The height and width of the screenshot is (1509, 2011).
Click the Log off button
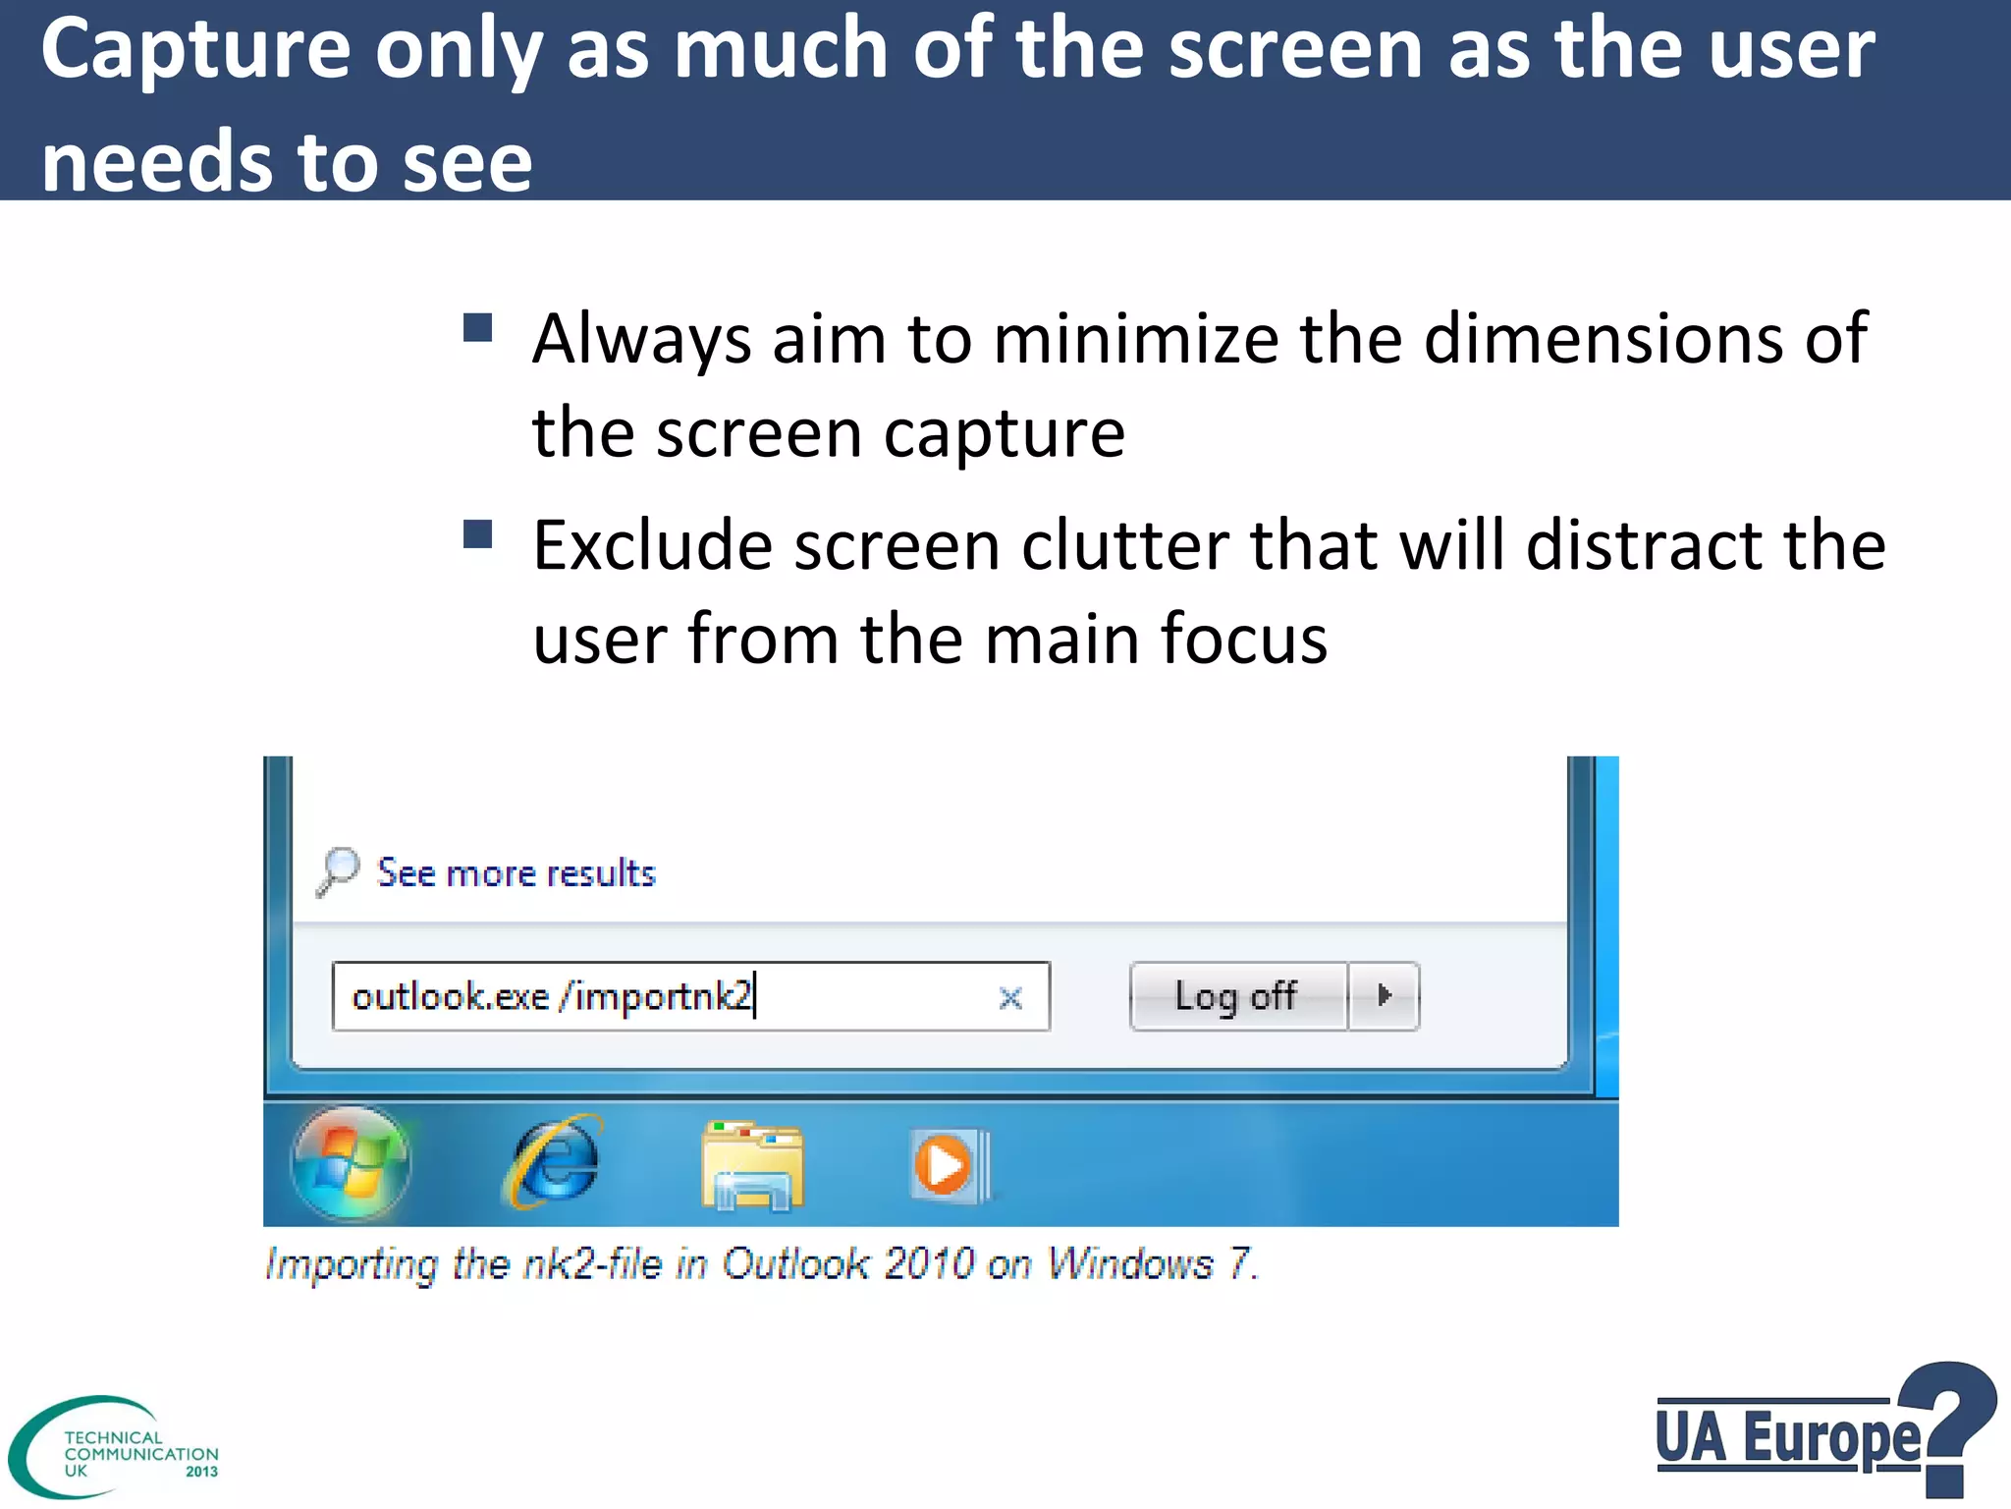pos(1237,996)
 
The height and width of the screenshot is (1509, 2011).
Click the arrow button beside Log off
pos(1384,996)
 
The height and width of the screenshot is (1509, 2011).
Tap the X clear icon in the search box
pos(1010,998)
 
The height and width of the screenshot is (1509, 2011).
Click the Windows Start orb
pos(351,1163)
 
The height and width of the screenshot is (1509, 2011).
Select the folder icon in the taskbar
pos(752,1166)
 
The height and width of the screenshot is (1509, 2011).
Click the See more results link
pos(516,873)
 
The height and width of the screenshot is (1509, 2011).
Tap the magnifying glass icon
pos(337,871)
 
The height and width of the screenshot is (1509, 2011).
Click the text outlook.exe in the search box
pos(450,997)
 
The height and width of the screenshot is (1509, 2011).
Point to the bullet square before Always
pos(477,328)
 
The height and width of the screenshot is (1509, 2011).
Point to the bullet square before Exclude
pos(477,534)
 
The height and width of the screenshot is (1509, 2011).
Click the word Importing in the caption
pos(352,1264)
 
